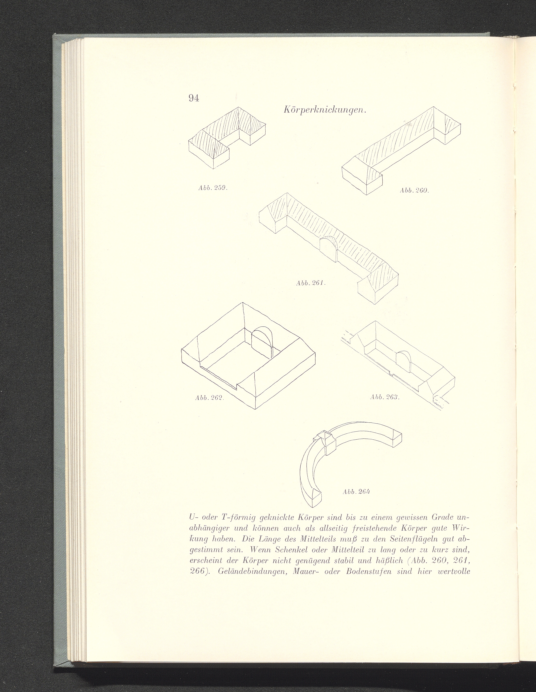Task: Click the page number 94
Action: pyautogui.click(x=194, y=98)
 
